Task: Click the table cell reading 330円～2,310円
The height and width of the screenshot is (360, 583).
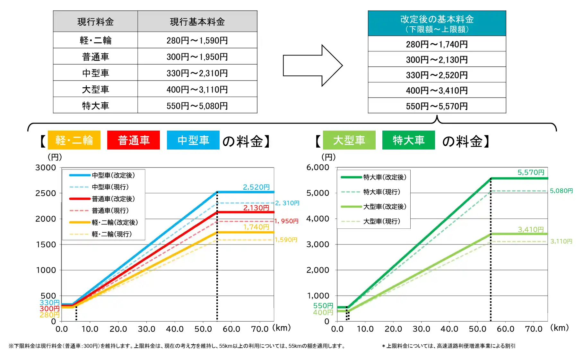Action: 197,73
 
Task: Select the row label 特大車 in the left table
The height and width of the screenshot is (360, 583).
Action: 95,106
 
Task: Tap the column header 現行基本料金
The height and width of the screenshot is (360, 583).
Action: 197,21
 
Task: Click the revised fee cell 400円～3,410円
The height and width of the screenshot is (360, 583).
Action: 437,90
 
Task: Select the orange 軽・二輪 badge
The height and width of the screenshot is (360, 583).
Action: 74,140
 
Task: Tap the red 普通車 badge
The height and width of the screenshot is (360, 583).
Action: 134,140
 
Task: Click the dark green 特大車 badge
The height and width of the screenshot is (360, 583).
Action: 408,140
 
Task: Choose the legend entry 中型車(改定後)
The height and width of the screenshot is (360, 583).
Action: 113,175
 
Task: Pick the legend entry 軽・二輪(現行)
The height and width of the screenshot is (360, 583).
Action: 111,234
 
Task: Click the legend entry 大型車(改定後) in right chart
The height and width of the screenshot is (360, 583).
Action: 385,207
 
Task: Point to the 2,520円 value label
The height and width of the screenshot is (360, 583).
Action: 256,187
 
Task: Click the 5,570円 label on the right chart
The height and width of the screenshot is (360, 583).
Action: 531,172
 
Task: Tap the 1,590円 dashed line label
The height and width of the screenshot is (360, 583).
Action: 286,240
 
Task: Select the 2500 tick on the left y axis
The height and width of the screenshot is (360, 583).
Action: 46,193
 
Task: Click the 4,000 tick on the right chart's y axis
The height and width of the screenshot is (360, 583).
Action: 318,219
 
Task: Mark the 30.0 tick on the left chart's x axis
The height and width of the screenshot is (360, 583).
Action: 146,329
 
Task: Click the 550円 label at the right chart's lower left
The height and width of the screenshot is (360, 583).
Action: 323,306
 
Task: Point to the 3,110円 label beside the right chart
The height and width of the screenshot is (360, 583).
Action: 561,241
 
